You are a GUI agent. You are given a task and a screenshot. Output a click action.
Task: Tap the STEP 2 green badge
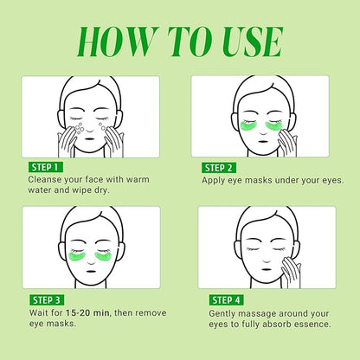coord(224,167)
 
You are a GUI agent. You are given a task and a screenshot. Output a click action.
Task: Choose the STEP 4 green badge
coord(224,299)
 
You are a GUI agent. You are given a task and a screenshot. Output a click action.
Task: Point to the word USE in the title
coord(247,42)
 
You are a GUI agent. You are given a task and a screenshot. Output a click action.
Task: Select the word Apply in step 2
coord(216,181)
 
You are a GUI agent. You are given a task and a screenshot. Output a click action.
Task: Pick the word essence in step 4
coord(309,325)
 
